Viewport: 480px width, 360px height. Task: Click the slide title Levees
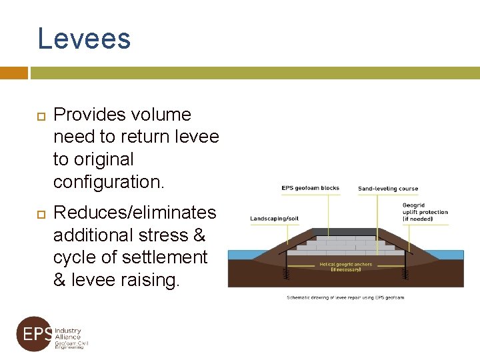(x=84, y=39)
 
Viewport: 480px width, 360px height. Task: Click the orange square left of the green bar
(x=13, y=73)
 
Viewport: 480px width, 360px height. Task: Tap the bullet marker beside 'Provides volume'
(x=40, y=116)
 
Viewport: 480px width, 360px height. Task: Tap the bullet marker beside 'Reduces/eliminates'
(x=40, y=214)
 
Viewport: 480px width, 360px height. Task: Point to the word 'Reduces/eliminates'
(x=135, y=213)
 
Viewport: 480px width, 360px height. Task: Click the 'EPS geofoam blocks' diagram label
(x=310, y=188)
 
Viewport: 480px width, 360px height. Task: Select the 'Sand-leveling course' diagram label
(x=388, y=189)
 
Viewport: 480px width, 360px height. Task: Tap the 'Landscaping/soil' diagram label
(x=273, y=218)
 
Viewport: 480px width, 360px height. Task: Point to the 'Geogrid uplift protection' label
(x=425, y=212)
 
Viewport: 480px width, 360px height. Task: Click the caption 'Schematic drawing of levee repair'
(x=345, y=297)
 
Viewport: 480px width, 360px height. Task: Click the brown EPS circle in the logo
(x=33, y=334)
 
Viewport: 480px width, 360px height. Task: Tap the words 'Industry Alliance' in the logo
(x=67, y=333)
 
